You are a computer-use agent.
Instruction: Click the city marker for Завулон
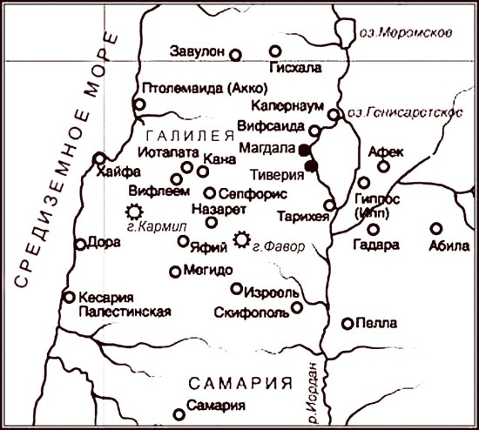236,55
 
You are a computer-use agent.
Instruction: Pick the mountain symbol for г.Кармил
134,211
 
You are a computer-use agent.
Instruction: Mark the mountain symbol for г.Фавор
243,238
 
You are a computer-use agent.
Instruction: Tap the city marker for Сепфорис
209,193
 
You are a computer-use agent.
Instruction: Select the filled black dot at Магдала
304,150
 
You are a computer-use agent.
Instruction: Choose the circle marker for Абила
435,229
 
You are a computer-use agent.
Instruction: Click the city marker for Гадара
373,230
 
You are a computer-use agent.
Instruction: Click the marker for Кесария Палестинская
69,297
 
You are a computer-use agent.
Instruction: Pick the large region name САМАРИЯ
237,384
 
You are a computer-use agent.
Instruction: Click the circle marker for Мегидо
175,272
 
